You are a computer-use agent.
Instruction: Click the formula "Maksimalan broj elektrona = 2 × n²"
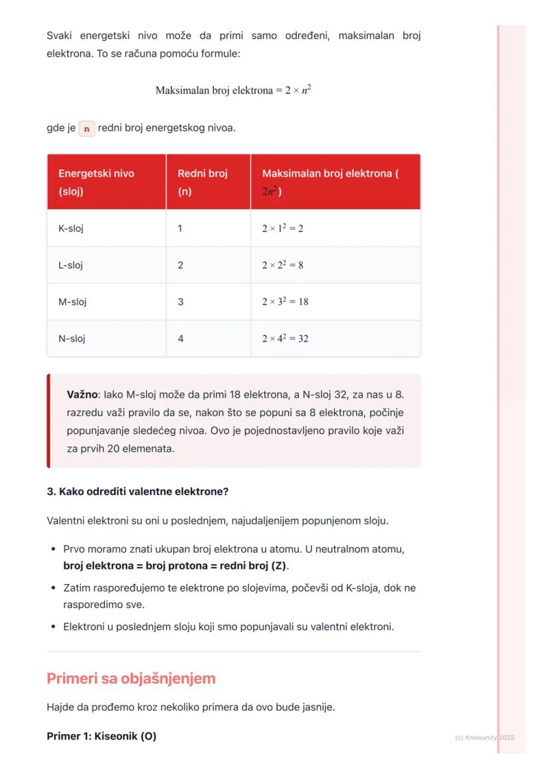pos(233,90)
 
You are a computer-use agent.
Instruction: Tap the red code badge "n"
pos(86,128)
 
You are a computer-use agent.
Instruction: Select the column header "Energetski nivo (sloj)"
pos(96,182)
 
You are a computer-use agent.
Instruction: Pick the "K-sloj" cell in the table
pos(71,229)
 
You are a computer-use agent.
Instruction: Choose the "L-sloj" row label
pos(70,265)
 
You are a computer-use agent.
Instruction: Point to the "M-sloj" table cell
pos(72,302)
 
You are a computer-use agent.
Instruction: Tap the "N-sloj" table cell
pos(72,339)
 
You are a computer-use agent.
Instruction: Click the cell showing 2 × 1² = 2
pos(282,229)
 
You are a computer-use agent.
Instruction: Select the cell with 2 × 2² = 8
pos(282,265)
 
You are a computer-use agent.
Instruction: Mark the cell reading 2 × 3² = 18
pos(285,302)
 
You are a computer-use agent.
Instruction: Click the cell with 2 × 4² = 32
pos(285,339)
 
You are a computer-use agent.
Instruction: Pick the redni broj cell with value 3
pos(181,302)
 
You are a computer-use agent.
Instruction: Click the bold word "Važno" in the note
pos(82,395)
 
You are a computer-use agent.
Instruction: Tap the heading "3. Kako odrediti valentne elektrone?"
pos(137,492)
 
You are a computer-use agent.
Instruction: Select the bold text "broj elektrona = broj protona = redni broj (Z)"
pos(175,566)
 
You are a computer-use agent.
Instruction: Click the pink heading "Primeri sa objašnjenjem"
pos(131,678)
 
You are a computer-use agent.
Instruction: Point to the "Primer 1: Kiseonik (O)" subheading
pos(102,736)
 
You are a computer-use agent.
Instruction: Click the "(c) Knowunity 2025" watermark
pos(484,737)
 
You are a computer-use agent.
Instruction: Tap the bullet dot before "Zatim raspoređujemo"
pos(53,589)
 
